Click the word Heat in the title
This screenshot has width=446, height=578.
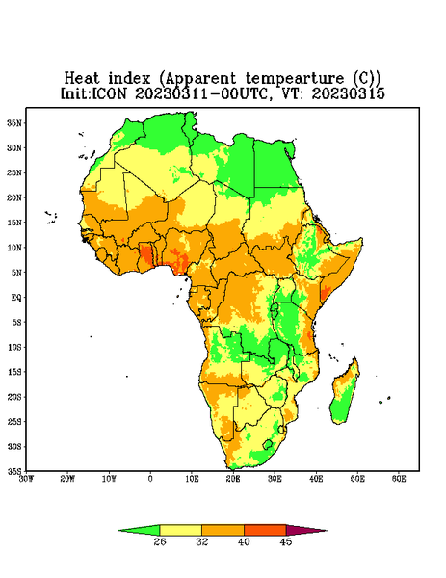point(82,79)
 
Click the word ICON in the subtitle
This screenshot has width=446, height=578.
point(109,93)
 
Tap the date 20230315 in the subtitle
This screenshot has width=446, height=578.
point(349,93)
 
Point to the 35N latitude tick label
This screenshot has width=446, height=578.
point(14,123)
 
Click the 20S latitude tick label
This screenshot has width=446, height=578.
point(14,397)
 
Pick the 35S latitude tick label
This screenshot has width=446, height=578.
point(14,471)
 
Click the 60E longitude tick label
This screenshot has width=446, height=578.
point(399,479)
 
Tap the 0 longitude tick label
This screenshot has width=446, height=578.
point(150,479)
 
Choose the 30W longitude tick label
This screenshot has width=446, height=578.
point(27,479)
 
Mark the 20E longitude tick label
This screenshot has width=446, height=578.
point(233,479)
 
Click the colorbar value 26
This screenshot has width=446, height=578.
point(160,541)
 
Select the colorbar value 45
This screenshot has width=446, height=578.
point(286,541)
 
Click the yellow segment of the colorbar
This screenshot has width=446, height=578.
point(180,530)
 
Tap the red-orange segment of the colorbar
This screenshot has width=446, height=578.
point(265,530)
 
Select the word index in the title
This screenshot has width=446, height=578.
point(129,79)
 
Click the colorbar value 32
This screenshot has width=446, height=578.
point(202,541)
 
